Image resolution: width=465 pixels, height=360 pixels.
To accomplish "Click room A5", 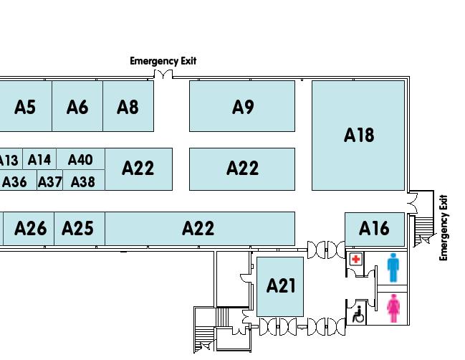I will tap(25, 107).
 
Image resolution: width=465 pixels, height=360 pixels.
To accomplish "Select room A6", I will tap(77, 107).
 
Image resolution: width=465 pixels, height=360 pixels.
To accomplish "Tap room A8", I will tap(128, 107).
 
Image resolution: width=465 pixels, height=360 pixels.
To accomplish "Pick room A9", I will tap(243, 107).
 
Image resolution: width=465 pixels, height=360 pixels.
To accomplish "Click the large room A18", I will tap(358, 135).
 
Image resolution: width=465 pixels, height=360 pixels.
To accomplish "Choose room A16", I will tap(373, 228).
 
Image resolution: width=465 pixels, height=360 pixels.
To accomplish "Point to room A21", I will tap(281, 285).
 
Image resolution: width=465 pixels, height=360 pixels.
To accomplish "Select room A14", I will tap(39, 159).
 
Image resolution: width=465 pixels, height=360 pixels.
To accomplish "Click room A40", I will tap(80, 159).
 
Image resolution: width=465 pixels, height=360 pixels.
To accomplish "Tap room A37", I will tap(49, 182).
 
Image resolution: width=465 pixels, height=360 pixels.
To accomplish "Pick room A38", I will tap(83, 182).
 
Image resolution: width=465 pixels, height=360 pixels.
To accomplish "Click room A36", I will tap(14, 182).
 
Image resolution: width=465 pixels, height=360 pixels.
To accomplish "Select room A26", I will tap(30, 228).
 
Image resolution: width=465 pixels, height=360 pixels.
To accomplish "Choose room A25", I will tap(77, 228).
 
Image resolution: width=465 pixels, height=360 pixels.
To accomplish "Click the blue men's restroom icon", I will tap(393, 267).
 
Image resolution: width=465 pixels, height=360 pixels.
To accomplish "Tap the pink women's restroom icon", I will tap(393, 308).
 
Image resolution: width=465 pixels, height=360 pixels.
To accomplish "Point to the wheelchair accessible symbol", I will tap(358, 313).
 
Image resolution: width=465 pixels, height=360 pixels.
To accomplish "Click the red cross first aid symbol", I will tap(356, 259).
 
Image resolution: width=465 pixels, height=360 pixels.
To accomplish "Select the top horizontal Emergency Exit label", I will tap(163, 61).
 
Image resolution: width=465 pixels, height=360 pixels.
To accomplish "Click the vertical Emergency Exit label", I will tap(444, 227).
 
